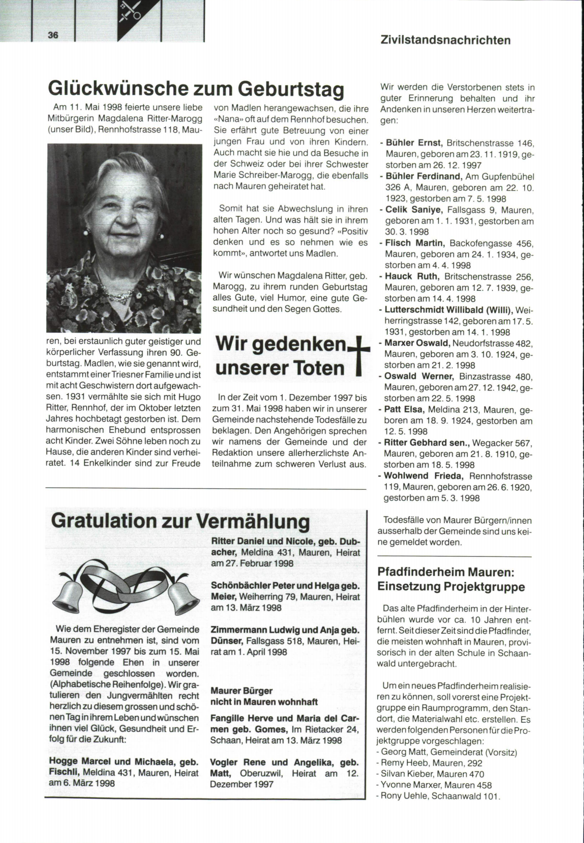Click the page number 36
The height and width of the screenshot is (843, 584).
[x=53, y=35]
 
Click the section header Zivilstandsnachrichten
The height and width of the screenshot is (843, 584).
[x=445, y=40]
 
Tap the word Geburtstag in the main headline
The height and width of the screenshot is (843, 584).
[x=291, y=90]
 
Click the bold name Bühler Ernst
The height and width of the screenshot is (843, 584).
[x=414, y=143]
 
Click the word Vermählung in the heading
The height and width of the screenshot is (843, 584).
[x=253, y=521]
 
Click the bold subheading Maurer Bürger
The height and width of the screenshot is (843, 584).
[x=241, y=691]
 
